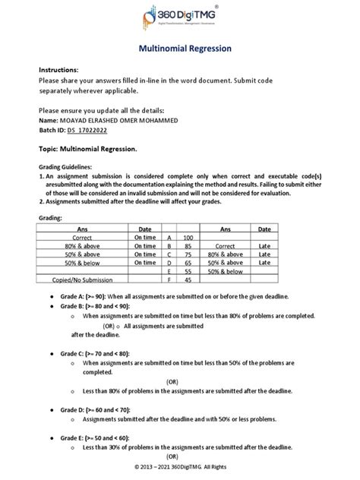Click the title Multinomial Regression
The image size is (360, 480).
pyautogui.click(x=179, y=49)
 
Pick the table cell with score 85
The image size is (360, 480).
pyautogui.click(x=189, y=246)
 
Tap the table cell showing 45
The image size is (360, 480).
pyautogui.click(x=189, y=279)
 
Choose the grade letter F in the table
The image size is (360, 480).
pyautogui.click(x=169, y=279)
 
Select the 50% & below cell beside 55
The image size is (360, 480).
pyautogui.click(x=225, y=271)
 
